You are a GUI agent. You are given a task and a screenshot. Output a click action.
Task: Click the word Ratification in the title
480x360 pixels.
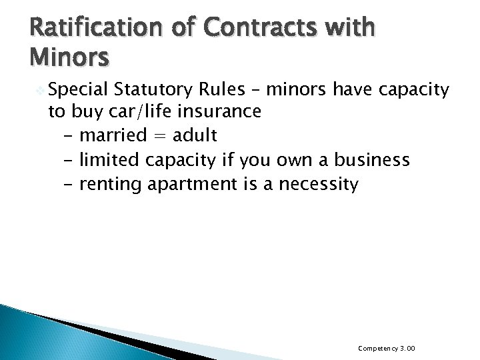point(71,29)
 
